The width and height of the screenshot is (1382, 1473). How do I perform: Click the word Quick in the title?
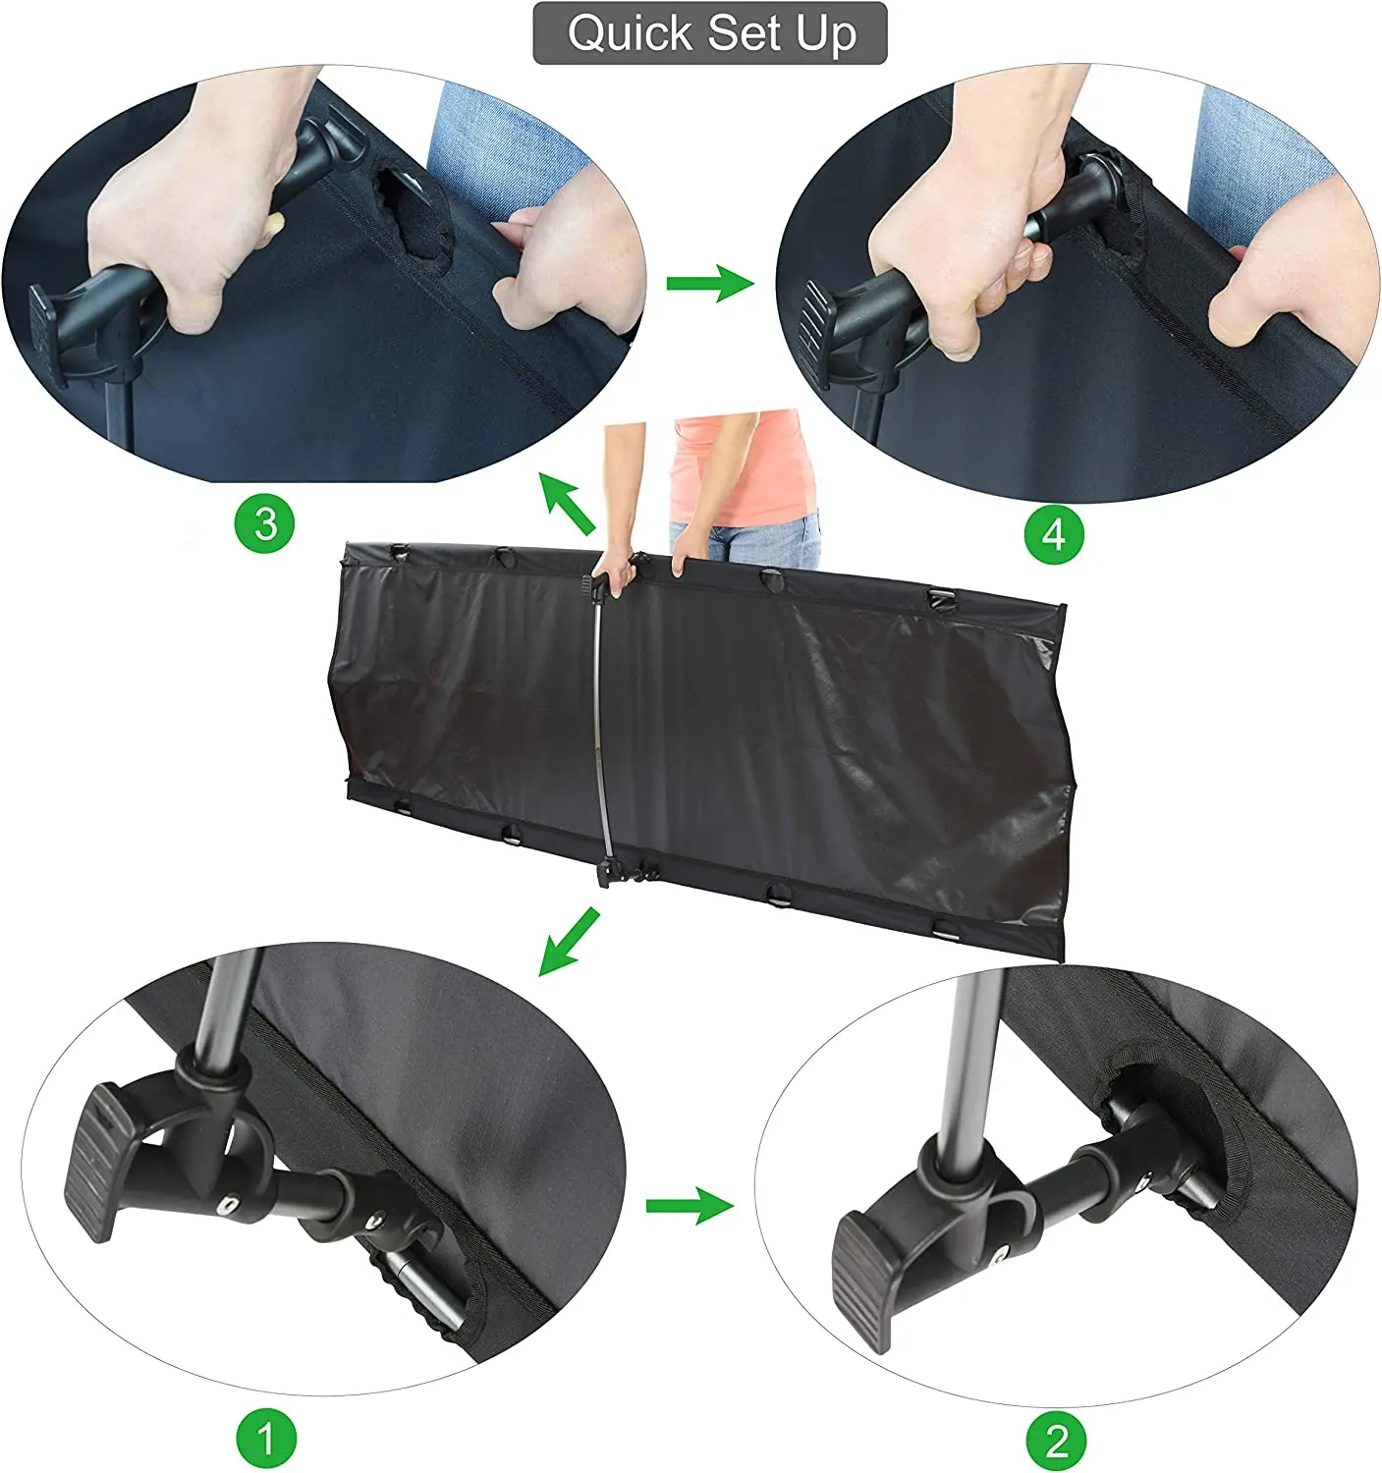(631, 33)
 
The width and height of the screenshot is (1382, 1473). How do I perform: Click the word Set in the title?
(746, 32)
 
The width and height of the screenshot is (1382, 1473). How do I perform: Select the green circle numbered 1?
(266, 1439)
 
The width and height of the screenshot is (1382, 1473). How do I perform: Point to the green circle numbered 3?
(264, 523)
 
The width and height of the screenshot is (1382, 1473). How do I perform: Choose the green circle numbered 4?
(1054, 534)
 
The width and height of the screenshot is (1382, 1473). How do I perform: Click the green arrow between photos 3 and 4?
(710, 283)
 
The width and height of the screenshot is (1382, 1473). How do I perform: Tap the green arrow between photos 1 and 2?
(690, 1205)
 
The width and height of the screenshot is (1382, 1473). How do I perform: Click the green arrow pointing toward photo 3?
(567, 504)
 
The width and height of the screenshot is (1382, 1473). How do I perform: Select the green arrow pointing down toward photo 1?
(569, 941)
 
